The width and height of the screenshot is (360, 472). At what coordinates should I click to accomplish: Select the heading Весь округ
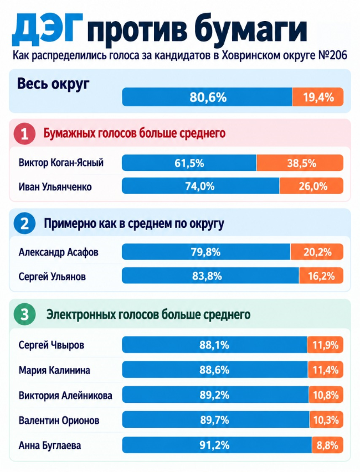(x=53, y=84)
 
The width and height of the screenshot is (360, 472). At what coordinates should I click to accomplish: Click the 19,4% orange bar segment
(x=318, y=97)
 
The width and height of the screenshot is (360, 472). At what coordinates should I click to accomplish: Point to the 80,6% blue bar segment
(x=207, y=97)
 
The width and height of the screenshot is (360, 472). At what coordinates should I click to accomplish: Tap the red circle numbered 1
(x=24, y=133)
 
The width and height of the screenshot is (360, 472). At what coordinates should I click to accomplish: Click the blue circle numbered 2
(x=24, y=224)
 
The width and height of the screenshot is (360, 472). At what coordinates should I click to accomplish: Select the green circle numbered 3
(x=24, y=314)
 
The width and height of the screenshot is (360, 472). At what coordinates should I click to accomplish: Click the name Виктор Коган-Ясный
(x=61, y=163)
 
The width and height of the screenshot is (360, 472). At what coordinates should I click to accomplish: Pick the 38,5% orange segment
(x=300, y=163)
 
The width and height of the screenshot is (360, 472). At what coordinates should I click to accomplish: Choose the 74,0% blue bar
(x=200, y=186)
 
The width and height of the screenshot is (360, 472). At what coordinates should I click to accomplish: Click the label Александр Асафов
(x=59, y=252)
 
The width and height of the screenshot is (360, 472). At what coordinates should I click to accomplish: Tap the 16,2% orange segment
(x=321, y=276)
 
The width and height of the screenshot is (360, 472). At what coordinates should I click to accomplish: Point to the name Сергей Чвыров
(x=51, y=345)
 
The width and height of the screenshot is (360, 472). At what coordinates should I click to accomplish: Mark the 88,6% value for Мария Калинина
(x=214, y=370)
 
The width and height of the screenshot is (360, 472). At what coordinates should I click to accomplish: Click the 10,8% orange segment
(x=326, y=395)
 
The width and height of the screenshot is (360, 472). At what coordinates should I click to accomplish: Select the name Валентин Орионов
(x=59, y=420)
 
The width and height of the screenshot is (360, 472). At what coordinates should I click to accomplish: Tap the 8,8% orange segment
(x=327, y=445)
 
